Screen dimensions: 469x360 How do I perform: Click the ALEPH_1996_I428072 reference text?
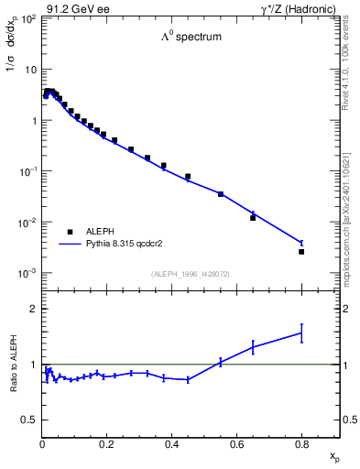191,274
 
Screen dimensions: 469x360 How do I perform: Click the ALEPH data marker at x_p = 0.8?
301,251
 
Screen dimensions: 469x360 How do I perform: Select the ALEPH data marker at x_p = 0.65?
253,217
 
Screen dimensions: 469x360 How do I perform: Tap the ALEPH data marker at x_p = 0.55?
221,194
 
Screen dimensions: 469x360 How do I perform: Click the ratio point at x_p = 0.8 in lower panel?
301,333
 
